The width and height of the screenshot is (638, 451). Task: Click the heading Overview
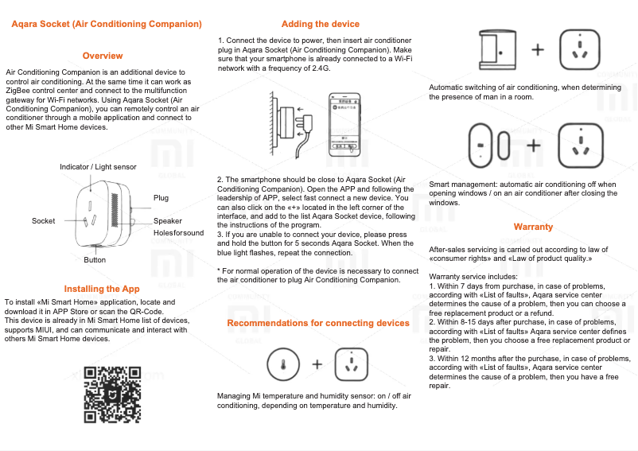point(103,56)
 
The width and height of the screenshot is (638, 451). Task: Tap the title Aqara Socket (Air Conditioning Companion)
point(107,25)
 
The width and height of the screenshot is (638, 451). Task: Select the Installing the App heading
point(102,289)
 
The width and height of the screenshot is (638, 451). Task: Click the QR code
point(113,395)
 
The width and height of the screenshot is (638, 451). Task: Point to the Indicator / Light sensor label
point(98,167)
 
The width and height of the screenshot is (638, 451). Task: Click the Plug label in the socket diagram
point(161,197)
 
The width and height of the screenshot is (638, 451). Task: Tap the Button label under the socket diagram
point(95,260)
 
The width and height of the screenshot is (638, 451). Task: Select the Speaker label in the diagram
point(168,220)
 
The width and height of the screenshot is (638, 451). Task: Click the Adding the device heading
point(314,25)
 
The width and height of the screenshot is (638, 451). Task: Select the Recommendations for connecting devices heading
point(318,323)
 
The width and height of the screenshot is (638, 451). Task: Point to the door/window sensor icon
point(488,145)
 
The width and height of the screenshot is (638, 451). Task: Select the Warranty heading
point(533,227)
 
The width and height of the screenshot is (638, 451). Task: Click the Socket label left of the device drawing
point(44,220)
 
